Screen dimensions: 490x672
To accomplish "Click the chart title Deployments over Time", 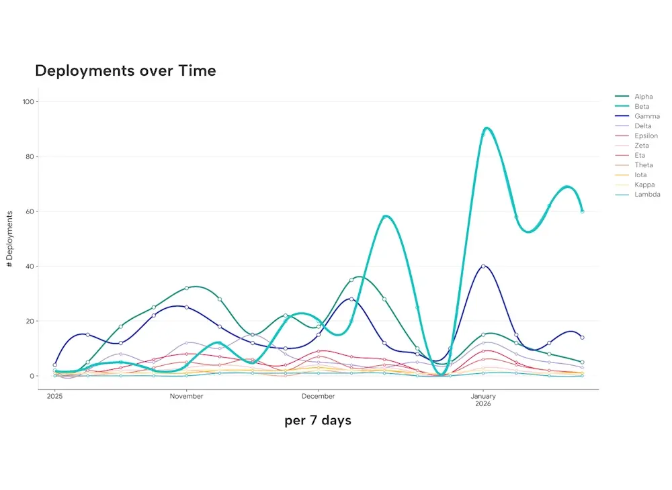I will [x=125, y=70].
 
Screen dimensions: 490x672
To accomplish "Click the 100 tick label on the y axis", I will [x=28, y=101].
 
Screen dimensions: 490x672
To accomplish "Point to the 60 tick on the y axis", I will [x=30, y=211].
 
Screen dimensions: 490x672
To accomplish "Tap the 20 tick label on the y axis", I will [x=30, y=321].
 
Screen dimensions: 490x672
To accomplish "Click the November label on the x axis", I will [x=186, y=396].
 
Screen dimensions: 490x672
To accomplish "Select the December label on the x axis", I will [x=318, y=396].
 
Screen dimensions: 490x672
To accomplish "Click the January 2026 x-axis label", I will [x=482, y=399].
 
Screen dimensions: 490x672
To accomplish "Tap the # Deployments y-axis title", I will [x=9, y=239].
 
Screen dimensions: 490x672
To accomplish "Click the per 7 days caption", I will [x=317, y=421].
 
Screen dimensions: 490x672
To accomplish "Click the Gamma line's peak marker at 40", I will [x=483, y=266].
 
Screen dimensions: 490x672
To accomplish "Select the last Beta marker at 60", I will [x=582, y=211].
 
